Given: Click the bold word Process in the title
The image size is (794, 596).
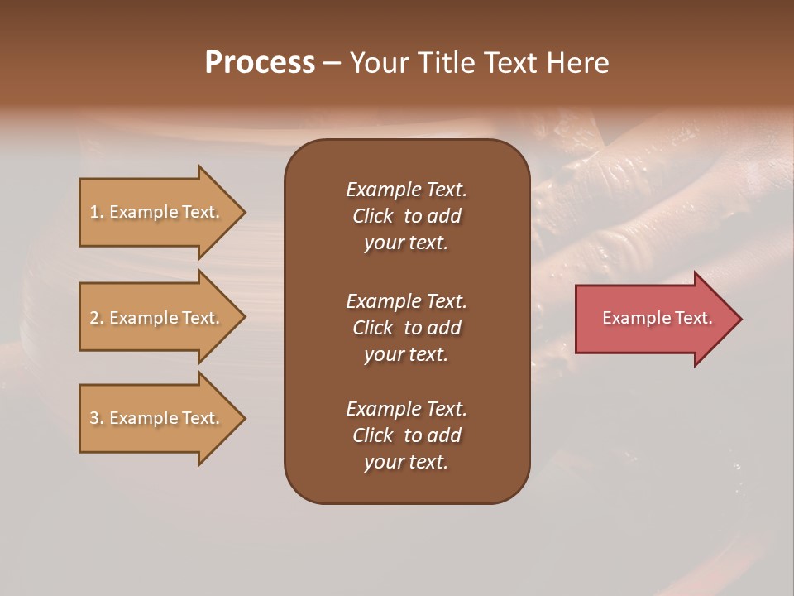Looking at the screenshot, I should tap(260, 63).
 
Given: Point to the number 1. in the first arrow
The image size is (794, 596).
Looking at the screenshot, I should tap(97, 213).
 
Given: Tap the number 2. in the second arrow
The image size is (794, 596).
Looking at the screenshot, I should tap(97, 319).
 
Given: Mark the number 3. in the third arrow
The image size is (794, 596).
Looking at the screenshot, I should tap(97, 419).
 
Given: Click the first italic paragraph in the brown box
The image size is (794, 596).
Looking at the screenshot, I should tap(406, 216).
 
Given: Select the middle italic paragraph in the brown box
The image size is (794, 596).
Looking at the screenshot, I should tap(406, 328).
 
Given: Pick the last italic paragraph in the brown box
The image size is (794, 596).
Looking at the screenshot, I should tap(406, 435).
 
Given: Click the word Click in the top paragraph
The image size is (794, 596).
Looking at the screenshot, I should tap(372, 216).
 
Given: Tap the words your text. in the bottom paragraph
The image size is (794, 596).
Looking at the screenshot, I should tap(406, 463).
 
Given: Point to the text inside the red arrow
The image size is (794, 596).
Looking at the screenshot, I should tap(657, 318).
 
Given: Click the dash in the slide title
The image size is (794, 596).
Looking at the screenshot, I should tap(332, 64).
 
